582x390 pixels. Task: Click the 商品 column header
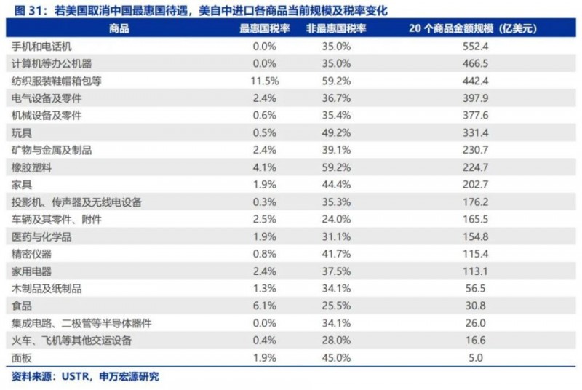(119, 29)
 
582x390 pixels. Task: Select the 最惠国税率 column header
(266, 29)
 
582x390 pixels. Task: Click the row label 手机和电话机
(42, 47)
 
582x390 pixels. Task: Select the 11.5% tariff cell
(266, 81)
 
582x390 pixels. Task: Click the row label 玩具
(22, 132)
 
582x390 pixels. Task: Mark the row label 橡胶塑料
(32, 167)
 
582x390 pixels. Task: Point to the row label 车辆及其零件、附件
(57, 219)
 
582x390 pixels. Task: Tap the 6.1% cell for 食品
(266, 306)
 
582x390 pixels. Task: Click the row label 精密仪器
(32, 254)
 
